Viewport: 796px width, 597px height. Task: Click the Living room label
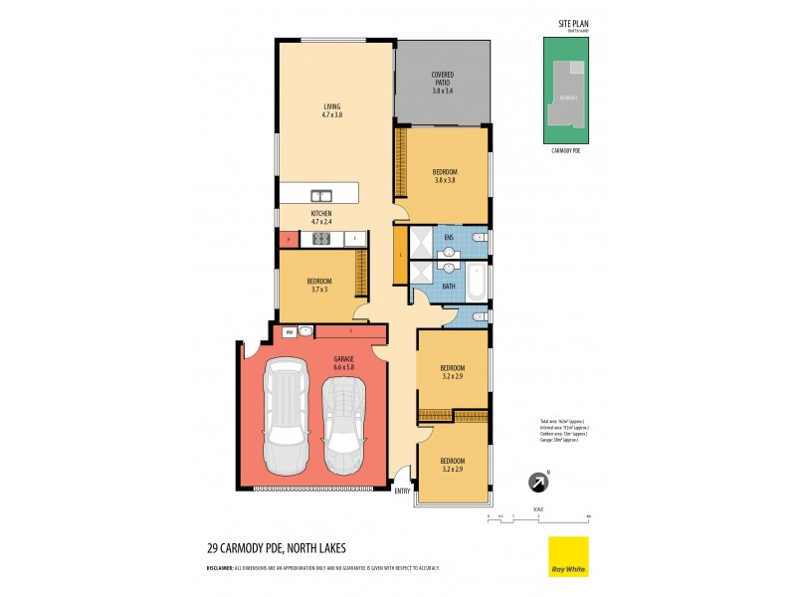pos(332,110)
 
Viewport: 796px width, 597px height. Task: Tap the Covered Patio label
pos(443,83)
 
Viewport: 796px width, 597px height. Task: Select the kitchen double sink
pos(320,195)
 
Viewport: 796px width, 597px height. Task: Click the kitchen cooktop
pos(321,239)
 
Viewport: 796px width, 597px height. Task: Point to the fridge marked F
pos(354,239)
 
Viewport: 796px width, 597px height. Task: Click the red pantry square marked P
pos(288,239)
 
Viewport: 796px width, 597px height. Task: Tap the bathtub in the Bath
pos(477,283)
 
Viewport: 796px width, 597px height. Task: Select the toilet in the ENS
pos(479,237)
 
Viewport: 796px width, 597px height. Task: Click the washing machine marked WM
pos(289,331)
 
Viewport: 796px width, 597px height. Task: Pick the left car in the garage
pos(284,413)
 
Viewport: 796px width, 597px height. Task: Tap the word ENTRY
pos(402,491)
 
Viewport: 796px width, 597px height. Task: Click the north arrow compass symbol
pos(538,484)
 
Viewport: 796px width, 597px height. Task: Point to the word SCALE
pos(539,507)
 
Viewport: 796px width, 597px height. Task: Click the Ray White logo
pos(568,556)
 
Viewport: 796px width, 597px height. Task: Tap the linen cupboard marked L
pos(400,255)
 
